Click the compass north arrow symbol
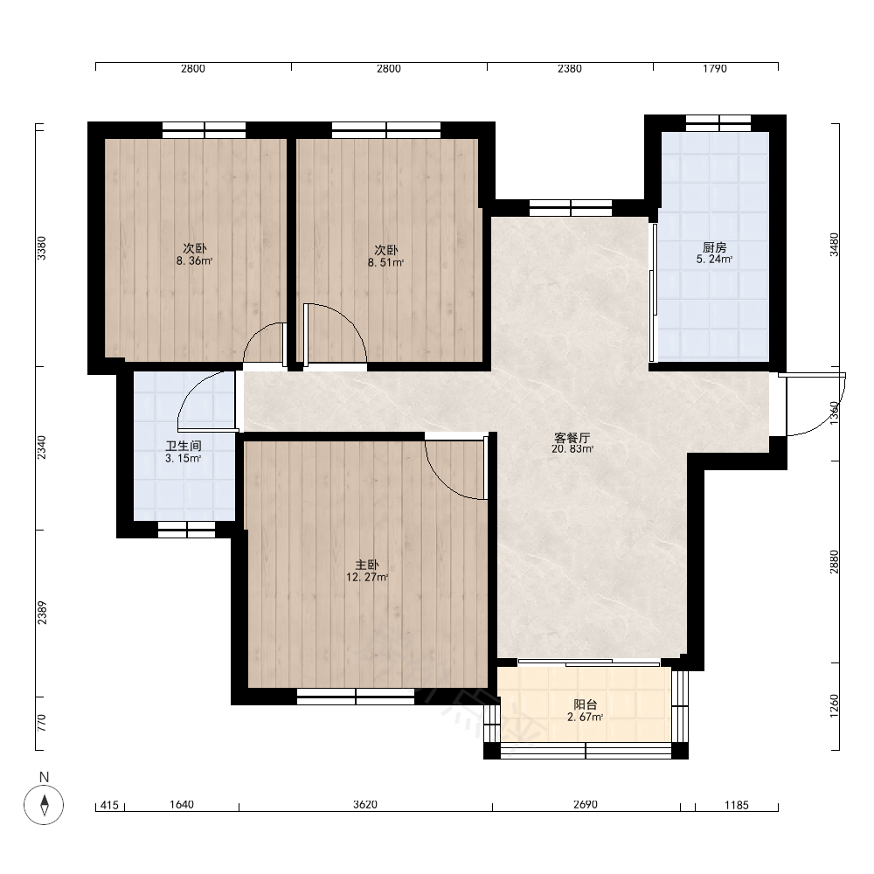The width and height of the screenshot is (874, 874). point(44,804)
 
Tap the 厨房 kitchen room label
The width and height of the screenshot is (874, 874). point(715,247)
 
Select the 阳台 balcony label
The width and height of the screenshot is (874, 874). point(586,705)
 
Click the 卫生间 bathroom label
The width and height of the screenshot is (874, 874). point(184,446)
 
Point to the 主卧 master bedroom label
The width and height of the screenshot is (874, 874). point(367,565)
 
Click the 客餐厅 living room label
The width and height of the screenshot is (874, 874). point(572,437)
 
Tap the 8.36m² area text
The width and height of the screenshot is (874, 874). point(195,260)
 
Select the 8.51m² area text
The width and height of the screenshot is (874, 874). point(385,262)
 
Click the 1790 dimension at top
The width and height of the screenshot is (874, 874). point(715,68)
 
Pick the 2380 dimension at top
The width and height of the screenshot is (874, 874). point(570,68)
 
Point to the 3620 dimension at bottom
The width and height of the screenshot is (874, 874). point(365,804)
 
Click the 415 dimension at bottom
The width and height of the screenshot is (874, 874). point(109,805)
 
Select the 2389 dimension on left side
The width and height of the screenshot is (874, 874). point(42,612)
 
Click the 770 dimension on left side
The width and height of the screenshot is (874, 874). point(42,723)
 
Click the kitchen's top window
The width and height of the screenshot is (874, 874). point(718,123)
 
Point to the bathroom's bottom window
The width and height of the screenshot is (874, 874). point(187,530)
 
